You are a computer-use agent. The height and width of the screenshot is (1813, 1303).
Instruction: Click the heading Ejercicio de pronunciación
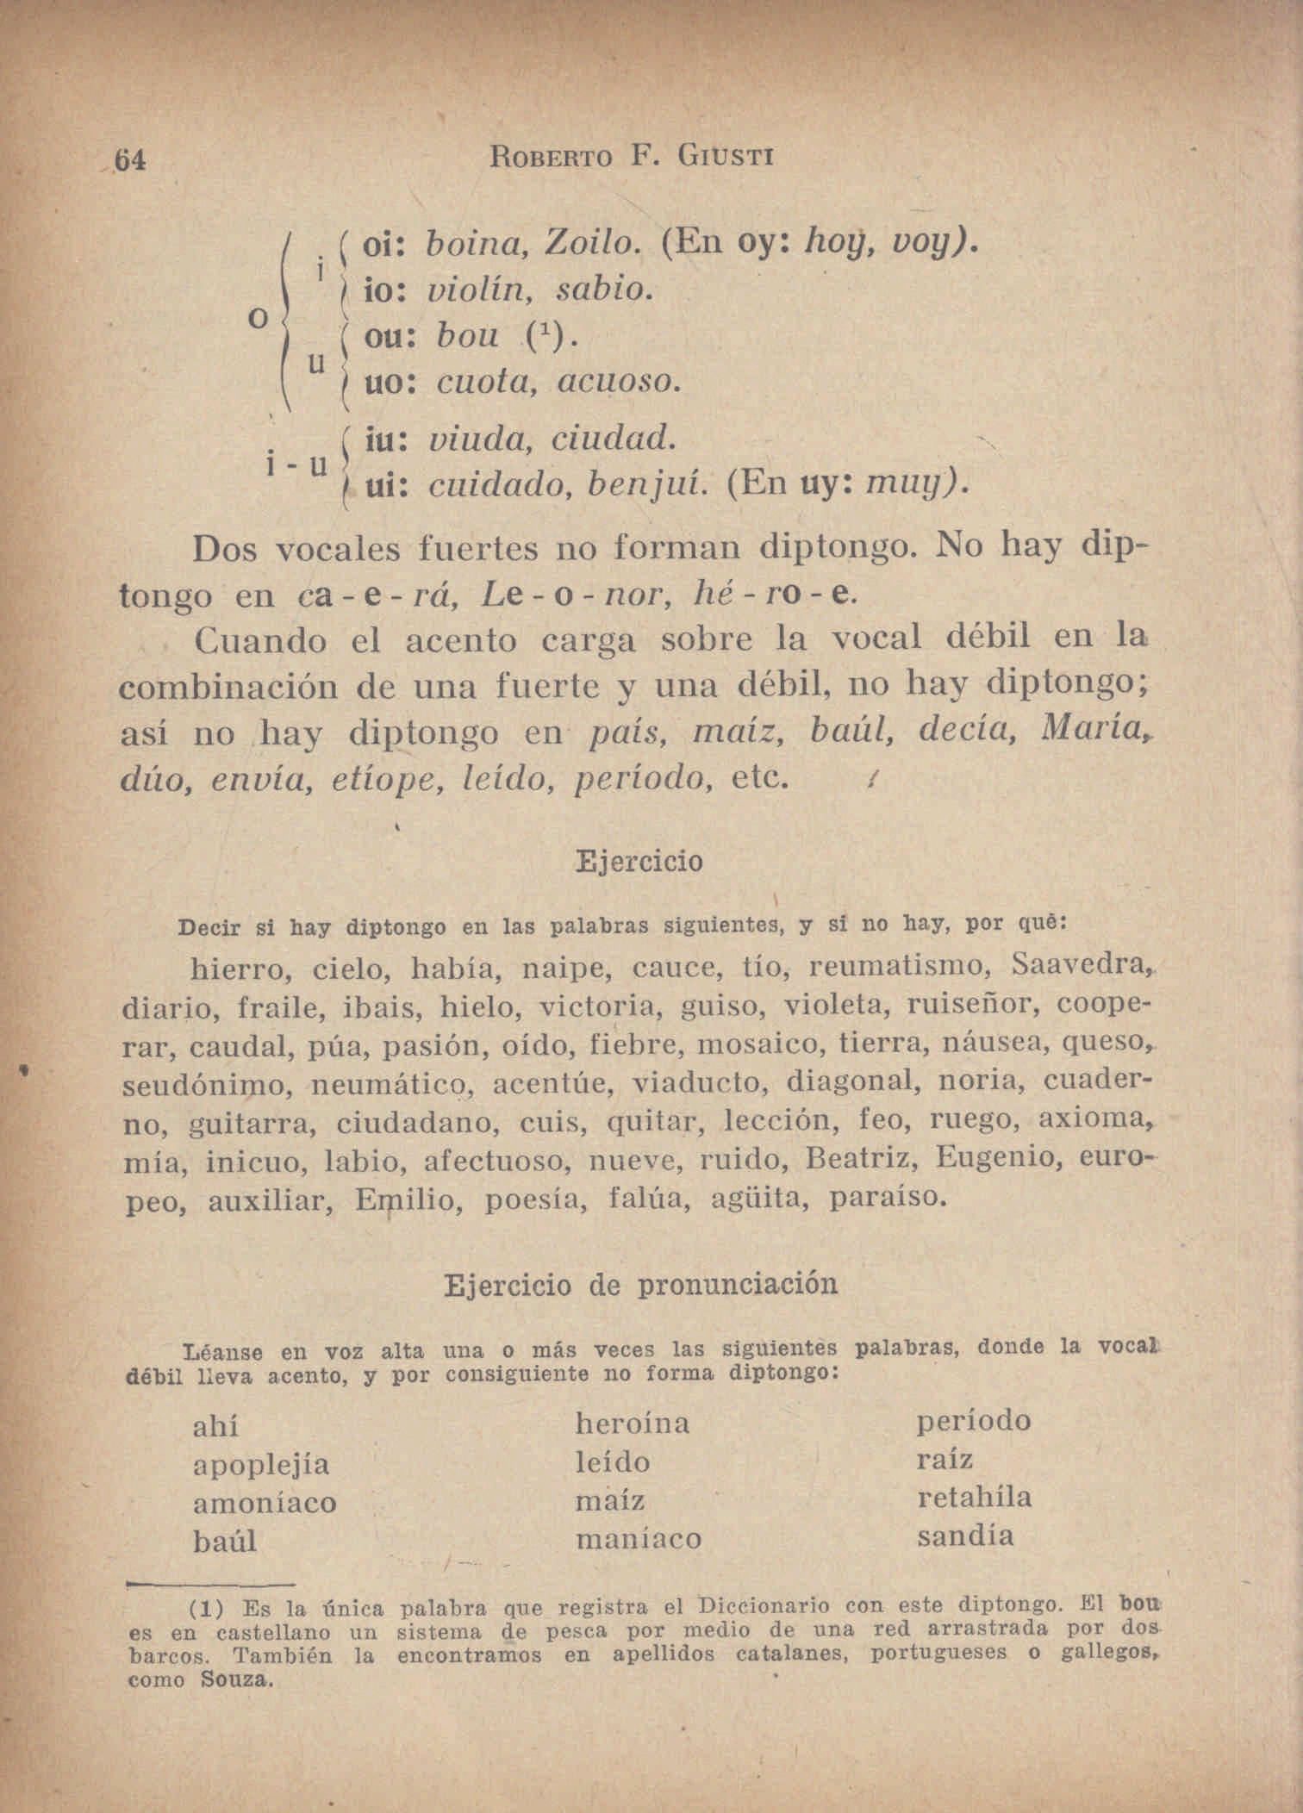click(640, 1285)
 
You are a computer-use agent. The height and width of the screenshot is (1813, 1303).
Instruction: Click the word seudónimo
click(207, 1083)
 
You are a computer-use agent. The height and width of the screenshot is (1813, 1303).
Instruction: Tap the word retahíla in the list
click(974, 1498)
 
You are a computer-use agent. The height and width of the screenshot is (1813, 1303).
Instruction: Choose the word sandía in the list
click(965, 1536)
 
